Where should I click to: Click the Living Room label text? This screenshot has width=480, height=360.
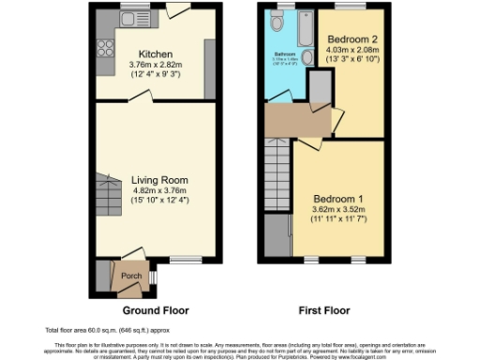[x=159, y=180]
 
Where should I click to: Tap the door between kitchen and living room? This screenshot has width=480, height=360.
[x=140, y=97]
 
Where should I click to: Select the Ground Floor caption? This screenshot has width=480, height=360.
[x=156, y=309]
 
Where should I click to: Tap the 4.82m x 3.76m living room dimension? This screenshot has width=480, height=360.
[x=159, y=190]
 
